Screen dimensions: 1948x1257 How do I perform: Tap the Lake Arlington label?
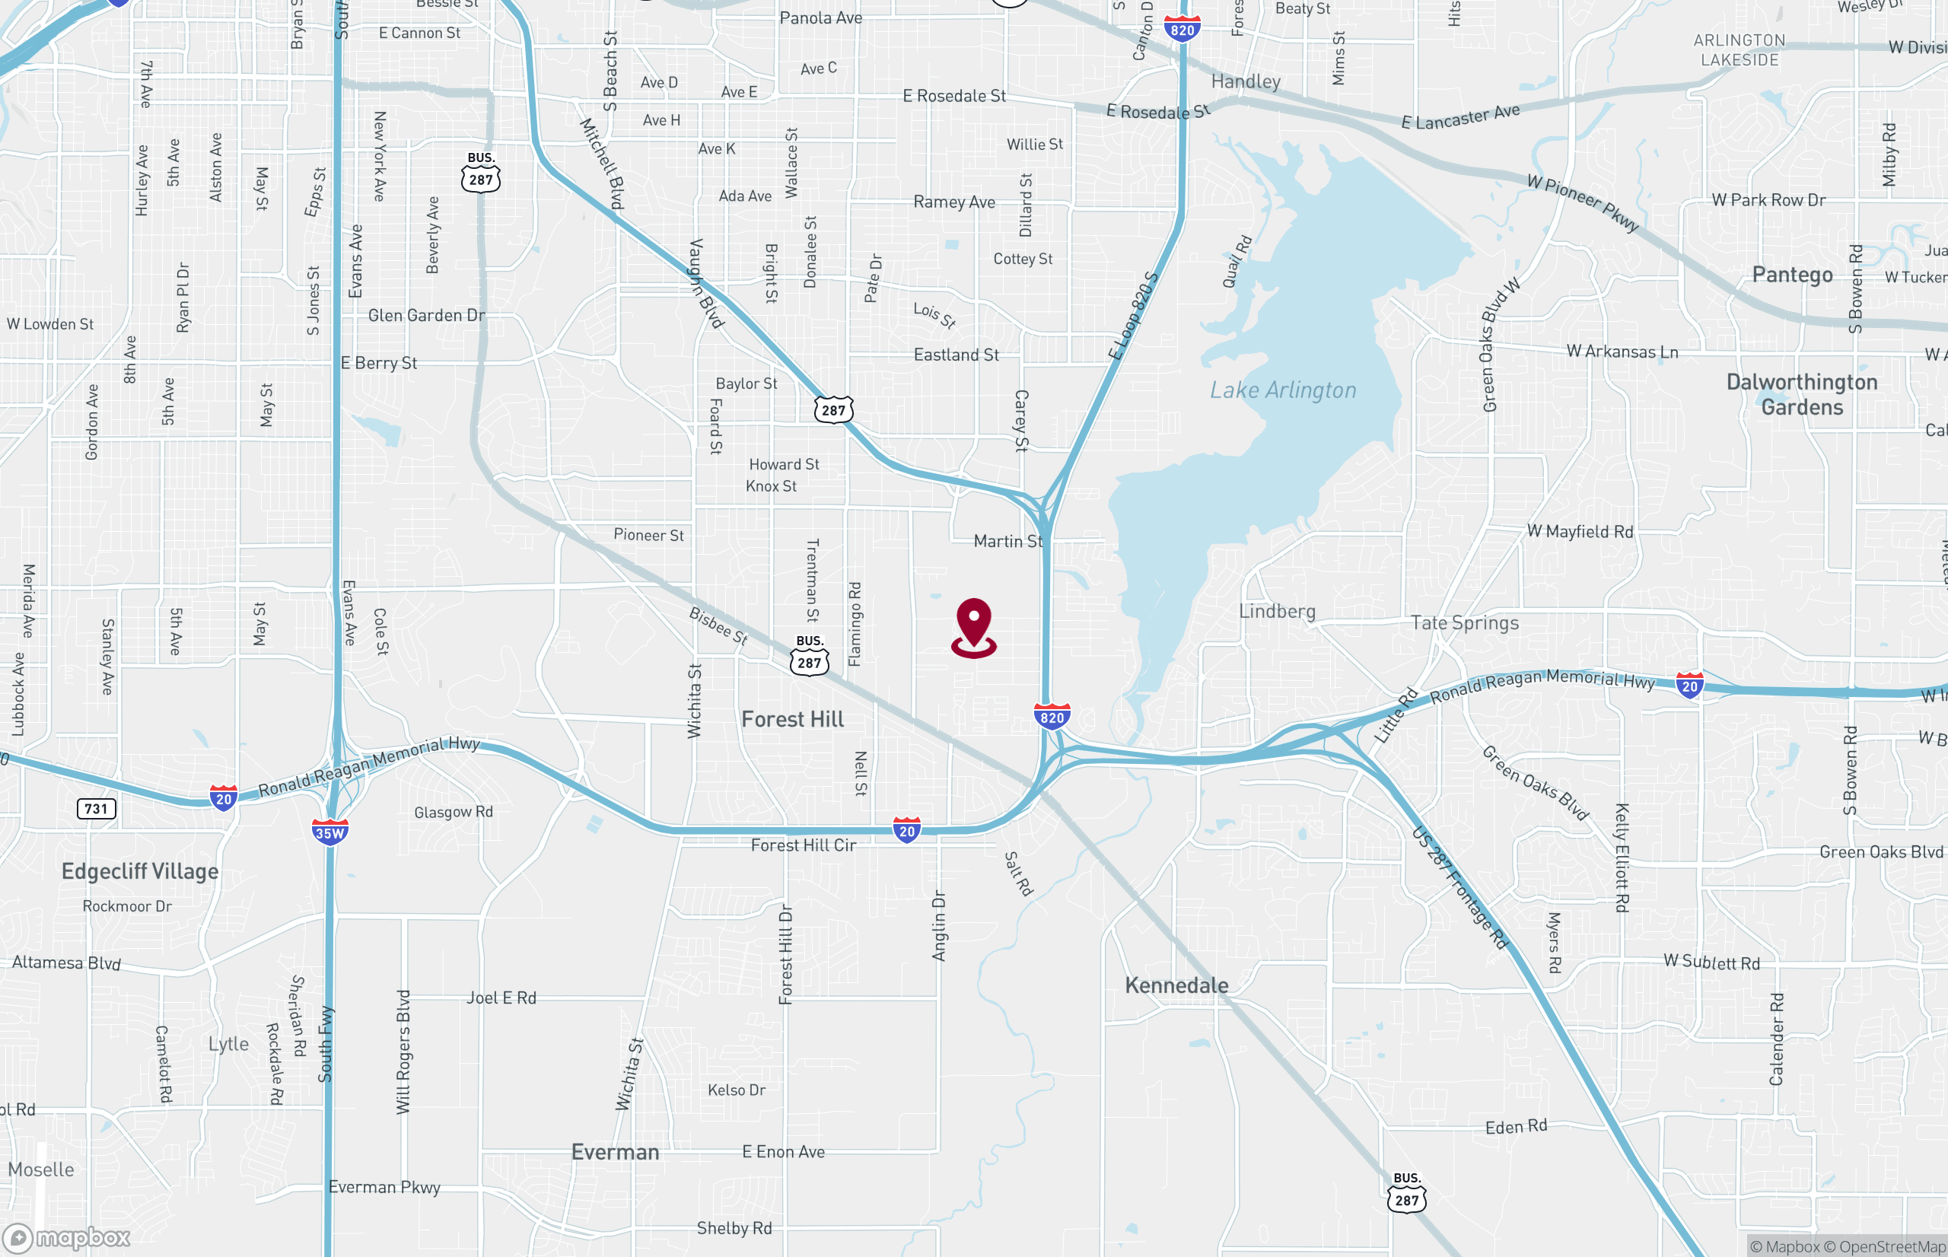tap(1283, 390)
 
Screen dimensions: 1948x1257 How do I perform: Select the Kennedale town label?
tap(1176, 985)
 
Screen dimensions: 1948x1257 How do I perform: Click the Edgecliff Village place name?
tap(140, 871)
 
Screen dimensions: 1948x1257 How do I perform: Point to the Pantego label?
tap(1792, 274)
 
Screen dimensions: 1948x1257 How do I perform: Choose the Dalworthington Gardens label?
tap(1802, 394)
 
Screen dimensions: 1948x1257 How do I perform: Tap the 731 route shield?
tap(97, 809)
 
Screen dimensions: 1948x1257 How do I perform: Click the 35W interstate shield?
tap(329, 832)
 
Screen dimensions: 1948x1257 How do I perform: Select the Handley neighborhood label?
tap(1246, 81)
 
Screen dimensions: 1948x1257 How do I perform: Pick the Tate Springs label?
tap(1465, 622)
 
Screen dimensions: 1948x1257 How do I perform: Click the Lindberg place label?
tap(1277, 611)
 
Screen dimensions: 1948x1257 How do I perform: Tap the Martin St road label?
tap(1008, 541)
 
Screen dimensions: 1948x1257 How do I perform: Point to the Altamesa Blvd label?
tap(66, 963)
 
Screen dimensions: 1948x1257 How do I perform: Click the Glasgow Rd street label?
tap(454, 812)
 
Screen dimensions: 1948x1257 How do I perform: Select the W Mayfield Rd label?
tap(1580, 531)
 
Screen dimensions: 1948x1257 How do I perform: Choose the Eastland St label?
tap(956, 355)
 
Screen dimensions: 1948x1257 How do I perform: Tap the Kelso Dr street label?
tap(736, 1090)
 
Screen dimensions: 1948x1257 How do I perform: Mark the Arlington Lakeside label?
tap(1739, 49)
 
